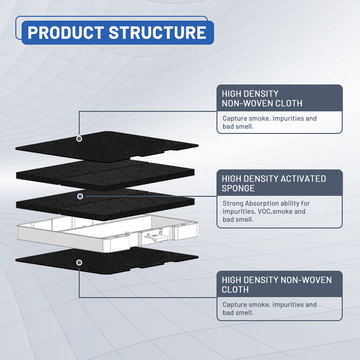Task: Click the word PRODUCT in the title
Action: pyautogui.click(x=65, y=33)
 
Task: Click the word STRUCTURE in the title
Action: pyautogui.click(x=157, y=33)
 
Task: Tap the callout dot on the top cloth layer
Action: pyautogui.click(x=79, y=139)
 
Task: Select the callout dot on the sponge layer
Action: pyautogui.click(x=80, y=196)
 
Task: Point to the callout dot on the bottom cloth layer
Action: pyautogui.click(x=79, y=263)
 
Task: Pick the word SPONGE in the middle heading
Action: pyautogui.click(x=239, y=189)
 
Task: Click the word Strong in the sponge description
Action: pyautogui.click(x=233, y=204)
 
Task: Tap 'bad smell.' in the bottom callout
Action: pyautogui.click(x=238, y=312)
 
